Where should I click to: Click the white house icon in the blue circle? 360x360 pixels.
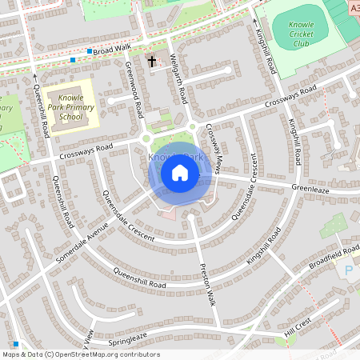point(180,172)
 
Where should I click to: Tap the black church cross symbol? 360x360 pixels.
point(152,61)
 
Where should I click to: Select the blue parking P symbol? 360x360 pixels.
point(349,272)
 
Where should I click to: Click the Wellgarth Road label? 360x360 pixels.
point(179,78)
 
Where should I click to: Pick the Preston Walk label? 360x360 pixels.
point(207,285)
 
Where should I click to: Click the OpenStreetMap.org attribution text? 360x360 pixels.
point(104,354)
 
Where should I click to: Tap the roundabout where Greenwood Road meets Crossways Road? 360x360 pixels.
point(146,138)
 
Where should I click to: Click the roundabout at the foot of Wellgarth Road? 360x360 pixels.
point(192,126)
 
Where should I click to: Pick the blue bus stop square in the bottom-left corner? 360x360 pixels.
point(15,344)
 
